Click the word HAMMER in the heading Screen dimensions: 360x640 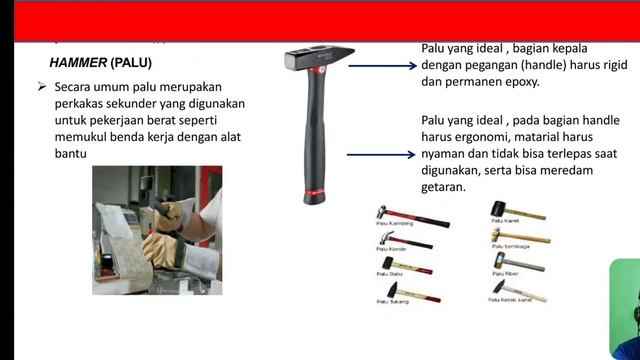point(77,62)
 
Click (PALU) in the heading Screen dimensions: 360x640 point(131,62)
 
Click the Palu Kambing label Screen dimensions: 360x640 point(394,224)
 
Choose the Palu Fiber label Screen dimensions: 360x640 point(506,272)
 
